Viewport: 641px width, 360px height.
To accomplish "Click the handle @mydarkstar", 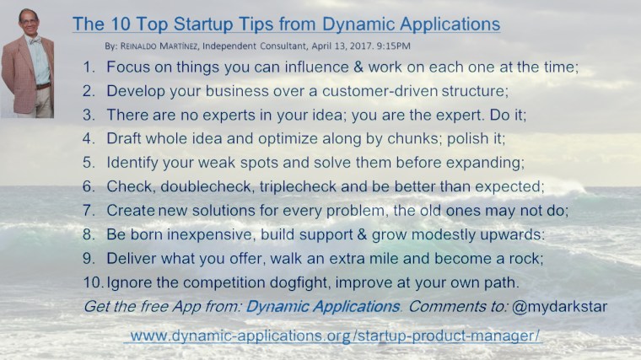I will (562, 305).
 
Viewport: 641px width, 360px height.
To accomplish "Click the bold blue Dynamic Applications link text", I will (320, 305).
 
